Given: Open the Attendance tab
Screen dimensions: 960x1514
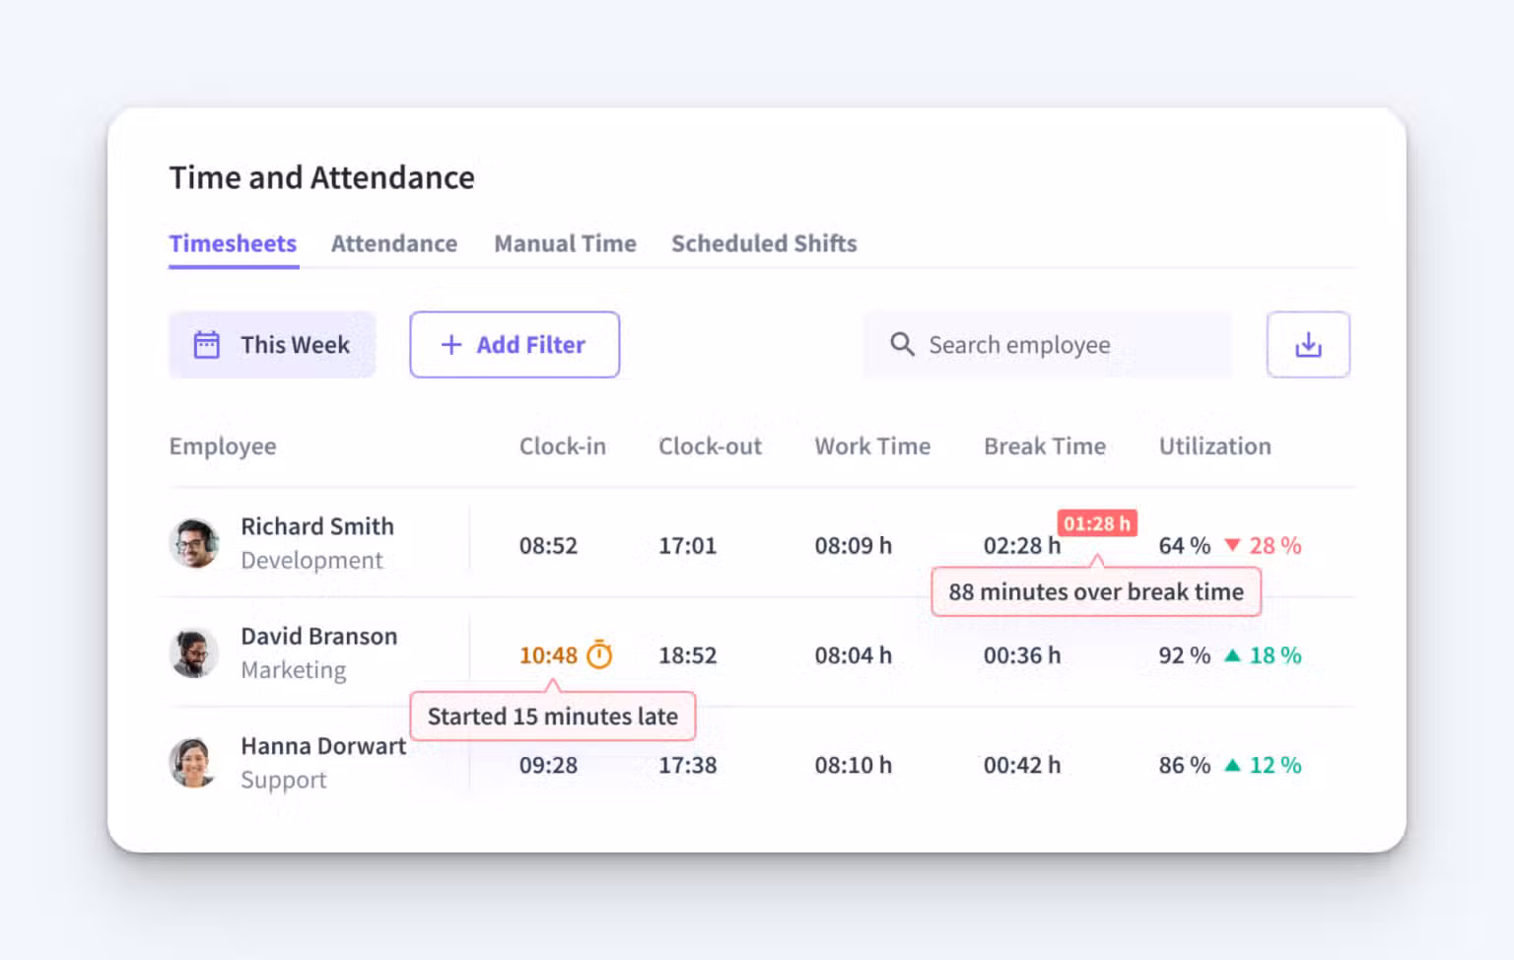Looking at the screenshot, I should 393,243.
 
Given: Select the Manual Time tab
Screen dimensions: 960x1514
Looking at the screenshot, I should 565,243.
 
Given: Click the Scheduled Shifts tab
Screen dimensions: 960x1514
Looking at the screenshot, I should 764,243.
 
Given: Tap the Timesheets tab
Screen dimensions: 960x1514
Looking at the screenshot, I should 233,243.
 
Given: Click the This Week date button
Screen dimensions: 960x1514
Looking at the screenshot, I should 272,345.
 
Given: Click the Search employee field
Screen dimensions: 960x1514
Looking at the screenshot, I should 1047,345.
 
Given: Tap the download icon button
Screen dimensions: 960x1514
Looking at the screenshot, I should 1308,345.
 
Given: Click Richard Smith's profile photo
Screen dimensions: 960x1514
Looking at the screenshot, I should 194,543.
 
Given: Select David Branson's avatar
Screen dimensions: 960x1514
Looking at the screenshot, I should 194,653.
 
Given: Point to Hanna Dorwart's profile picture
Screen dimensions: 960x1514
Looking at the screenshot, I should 194,763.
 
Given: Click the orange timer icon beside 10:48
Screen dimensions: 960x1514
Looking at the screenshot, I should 599,654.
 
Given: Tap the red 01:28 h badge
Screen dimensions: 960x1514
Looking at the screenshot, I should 1097,523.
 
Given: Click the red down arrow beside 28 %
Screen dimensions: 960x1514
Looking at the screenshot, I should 1232,545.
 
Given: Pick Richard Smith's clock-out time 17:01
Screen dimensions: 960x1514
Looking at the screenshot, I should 687,546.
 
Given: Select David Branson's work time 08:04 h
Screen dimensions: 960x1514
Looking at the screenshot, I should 853,655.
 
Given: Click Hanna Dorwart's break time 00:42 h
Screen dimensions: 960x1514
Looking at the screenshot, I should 1021,765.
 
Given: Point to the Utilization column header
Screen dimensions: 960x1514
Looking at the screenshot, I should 1214,446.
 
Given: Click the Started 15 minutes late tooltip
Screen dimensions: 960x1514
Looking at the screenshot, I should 552,717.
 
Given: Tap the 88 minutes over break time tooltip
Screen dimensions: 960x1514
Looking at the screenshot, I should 1095,591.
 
